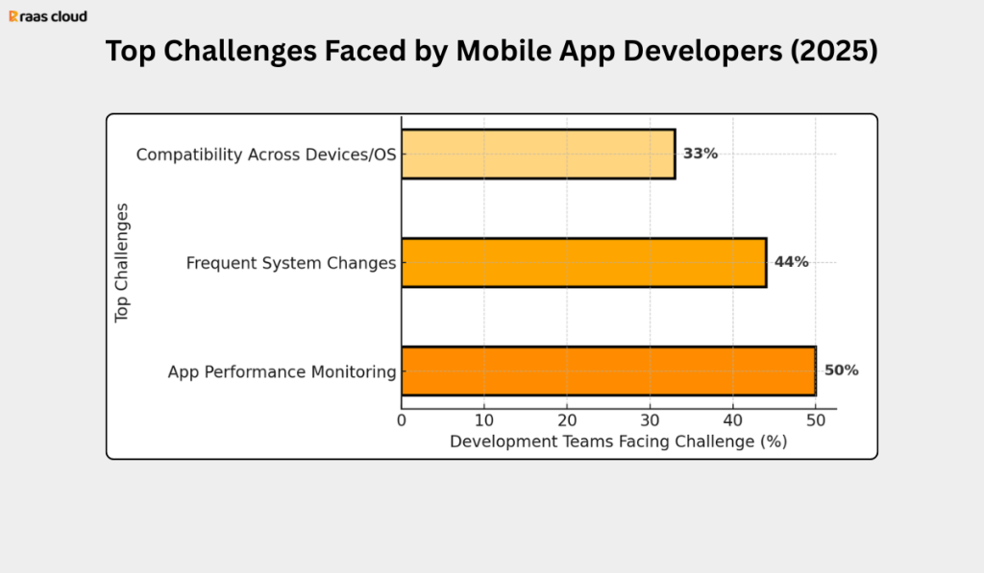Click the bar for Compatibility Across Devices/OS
[538, 154]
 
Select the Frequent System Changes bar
[583, 262]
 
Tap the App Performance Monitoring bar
[608, 370]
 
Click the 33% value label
[701, 154]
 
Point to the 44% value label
[791, 262]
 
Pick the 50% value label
[841, 370]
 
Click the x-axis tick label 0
[402, 419]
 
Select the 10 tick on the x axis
[484, 419]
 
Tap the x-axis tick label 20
[567, 419]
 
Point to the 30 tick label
[650, 419]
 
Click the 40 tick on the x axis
[733, 419]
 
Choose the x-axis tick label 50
[816, 419]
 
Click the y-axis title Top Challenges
[122, 262]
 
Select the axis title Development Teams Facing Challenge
[618, 442]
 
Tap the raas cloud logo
[48, 16]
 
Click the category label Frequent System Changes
[290, 262]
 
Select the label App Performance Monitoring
[282, 371]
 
